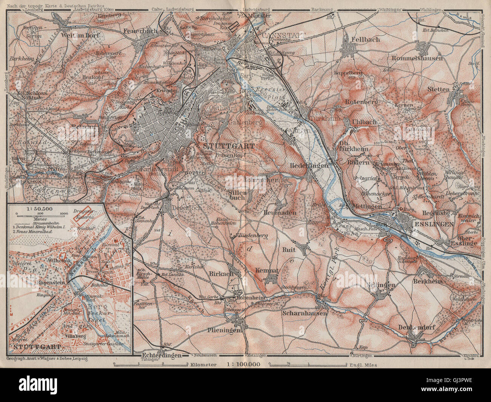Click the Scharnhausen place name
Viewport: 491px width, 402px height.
[x=304, y=313]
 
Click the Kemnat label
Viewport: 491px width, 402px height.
[x=267, y=271]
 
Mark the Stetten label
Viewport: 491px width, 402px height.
[x=439, y=90]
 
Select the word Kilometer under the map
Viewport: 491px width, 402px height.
[x=203, y=365]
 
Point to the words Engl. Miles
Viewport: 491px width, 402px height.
[x=364, y=365]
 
